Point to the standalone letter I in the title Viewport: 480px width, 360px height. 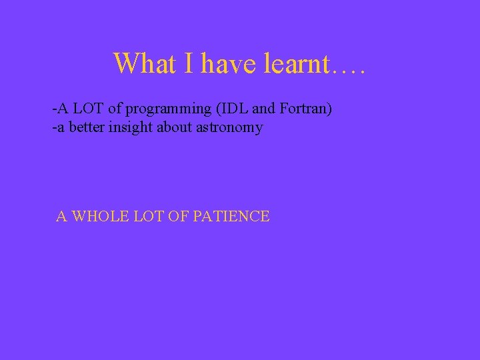[x=189, y=63]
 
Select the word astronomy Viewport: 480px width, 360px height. [x=229, y=127]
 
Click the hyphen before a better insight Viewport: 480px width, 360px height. [x=54, y=127]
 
